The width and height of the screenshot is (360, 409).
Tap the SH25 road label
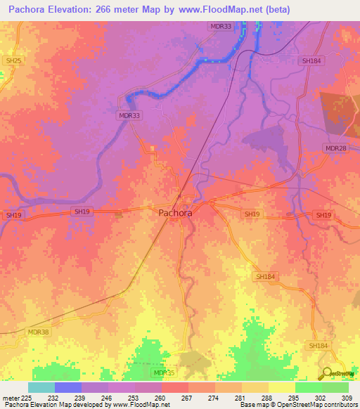pyautogui.click(x=13, y=62)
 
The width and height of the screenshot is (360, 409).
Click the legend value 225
pyautogui.click(x=27, y=398)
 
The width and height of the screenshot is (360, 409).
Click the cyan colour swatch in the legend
pyautogui.click(x=41, y=387)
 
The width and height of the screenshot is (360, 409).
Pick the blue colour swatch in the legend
pyautogui.click(x=68, y=387)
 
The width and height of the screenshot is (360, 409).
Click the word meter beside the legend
pyautogui.click(x=9, y=398)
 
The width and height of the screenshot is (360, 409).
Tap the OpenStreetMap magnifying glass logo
pyautogui.click(x=327, y=372)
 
